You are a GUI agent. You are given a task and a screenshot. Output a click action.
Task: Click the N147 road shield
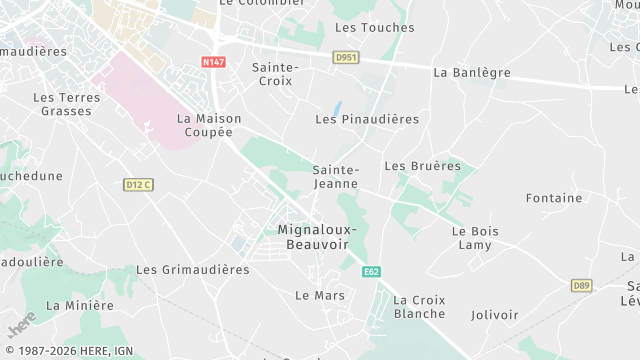click(x=212, y=62)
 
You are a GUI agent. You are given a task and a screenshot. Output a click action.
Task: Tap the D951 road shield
click(x=346, y=58)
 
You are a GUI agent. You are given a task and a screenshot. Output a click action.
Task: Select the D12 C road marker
click(x=139, y=184)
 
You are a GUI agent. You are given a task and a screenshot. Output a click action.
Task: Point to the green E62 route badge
click(x=372, y=271)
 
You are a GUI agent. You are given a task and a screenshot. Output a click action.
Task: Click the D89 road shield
click(x=582, y=286)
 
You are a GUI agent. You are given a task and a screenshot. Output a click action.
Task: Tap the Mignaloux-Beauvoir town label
click(x=318, y=237)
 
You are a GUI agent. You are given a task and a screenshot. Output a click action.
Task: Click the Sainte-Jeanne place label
click(x=337, y=177)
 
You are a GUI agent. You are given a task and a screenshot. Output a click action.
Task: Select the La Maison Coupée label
click(x=209, y=125)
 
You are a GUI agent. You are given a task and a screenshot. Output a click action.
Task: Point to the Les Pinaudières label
click(x=367, y=119)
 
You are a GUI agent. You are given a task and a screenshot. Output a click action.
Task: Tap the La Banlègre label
click(x=472, y=73)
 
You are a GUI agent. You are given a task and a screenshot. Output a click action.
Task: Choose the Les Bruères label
click(x=422, y=166)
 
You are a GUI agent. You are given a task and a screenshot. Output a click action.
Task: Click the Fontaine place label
click(x=553, y=198)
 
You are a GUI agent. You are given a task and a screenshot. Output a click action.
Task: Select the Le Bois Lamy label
click(x=475, y=238)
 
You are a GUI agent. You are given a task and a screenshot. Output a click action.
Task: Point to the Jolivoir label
click(x=494, y=315)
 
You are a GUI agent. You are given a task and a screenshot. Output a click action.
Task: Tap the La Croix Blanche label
click(x=419, y=307)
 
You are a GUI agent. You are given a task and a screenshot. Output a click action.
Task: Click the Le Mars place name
click(x=320, y=295)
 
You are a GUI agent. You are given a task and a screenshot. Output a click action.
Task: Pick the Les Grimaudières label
click(x=192, y=270)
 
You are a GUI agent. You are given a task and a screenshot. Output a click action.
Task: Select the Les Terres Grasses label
click(x=66, y=104)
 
